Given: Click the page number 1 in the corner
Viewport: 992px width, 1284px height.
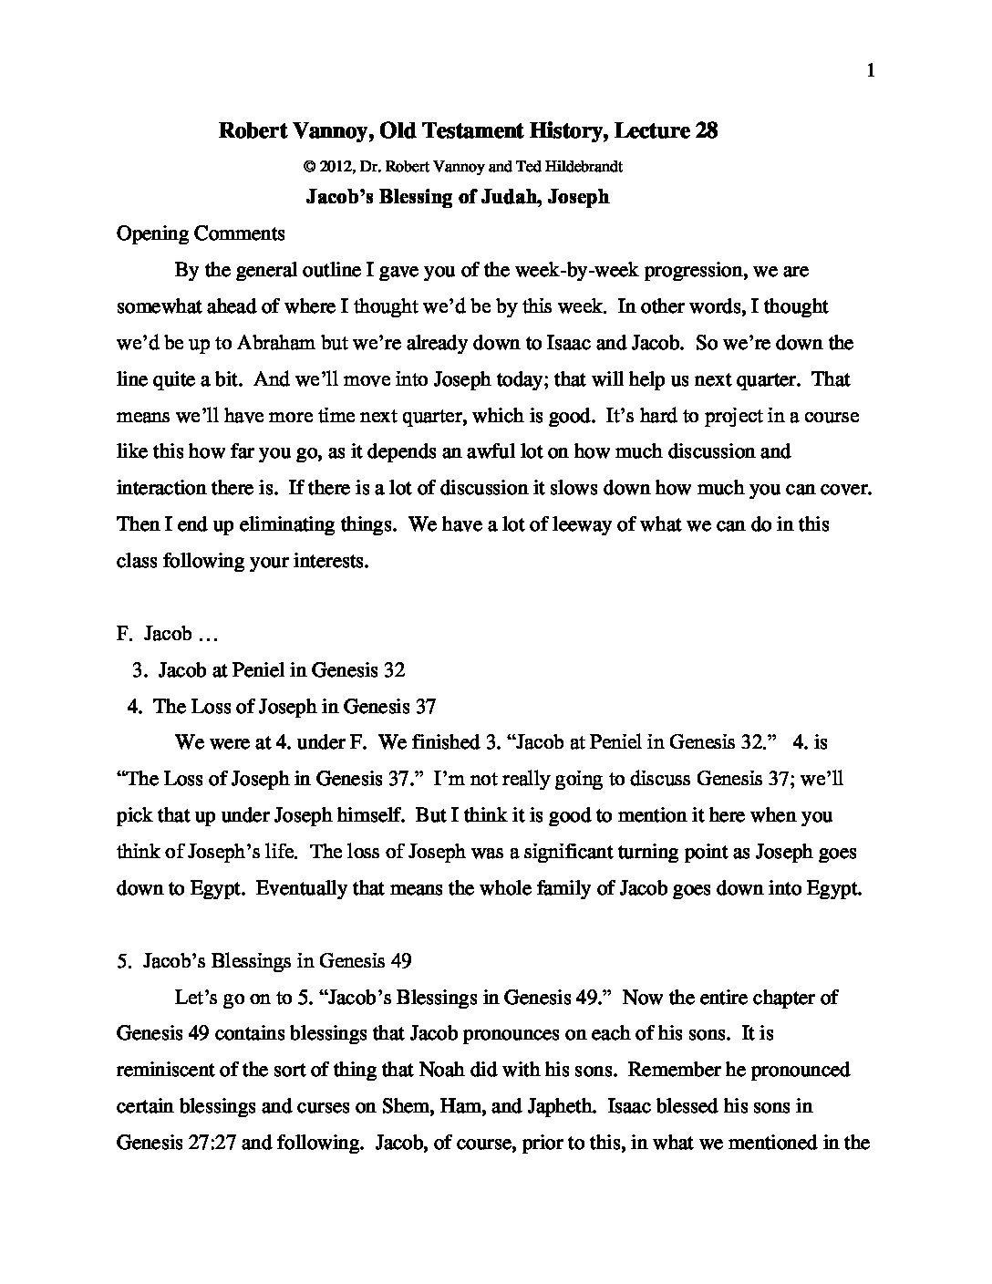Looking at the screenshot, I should tap(872, 71).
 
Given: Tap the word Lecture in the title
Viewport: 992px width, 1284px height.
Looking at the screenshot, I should tap(651, 131).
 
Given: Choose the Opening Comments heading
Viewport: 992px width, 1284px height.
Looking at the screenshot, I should tap(201, 233).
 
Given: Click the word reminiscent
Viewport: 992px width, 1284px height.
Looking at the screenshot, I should tap(166, 1070).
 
